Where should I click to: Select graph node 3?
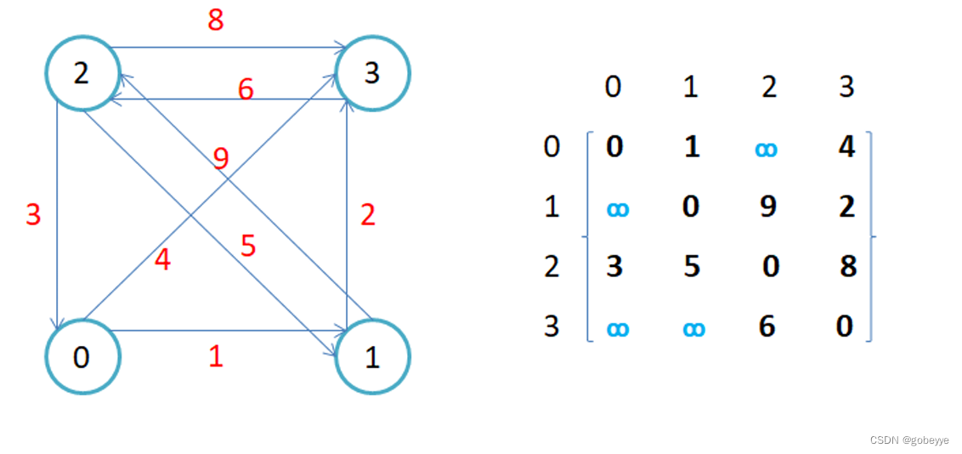point(372,73)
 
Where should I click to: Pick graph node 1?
point(372,357)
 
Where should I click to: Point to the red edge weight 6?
point(246,89)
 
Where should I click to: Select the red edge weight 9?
point(222,159)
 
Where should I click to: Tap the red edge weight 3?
point(33,214)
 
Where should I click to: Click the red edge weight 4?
point(162,259)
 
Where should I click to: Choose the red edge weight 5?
point(248,247)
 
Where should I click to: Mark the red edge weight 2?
point(367,214)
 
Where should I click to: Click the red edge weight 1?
point(216,356)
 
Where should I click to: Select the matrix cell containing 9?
point(768,207)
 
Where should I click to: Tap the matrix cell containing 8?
point(846,266)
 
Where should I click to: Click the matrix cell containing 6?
point(767,326)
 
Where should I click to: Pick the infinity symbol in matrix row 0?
point(766,149)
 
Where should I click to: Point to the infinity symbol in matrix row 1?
point(618,208)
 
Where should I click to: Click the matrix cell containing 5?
point(692,266)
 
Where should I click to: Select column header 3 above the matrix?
point(846,87)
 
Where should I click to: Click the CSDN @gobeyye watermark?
point(908,440)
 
